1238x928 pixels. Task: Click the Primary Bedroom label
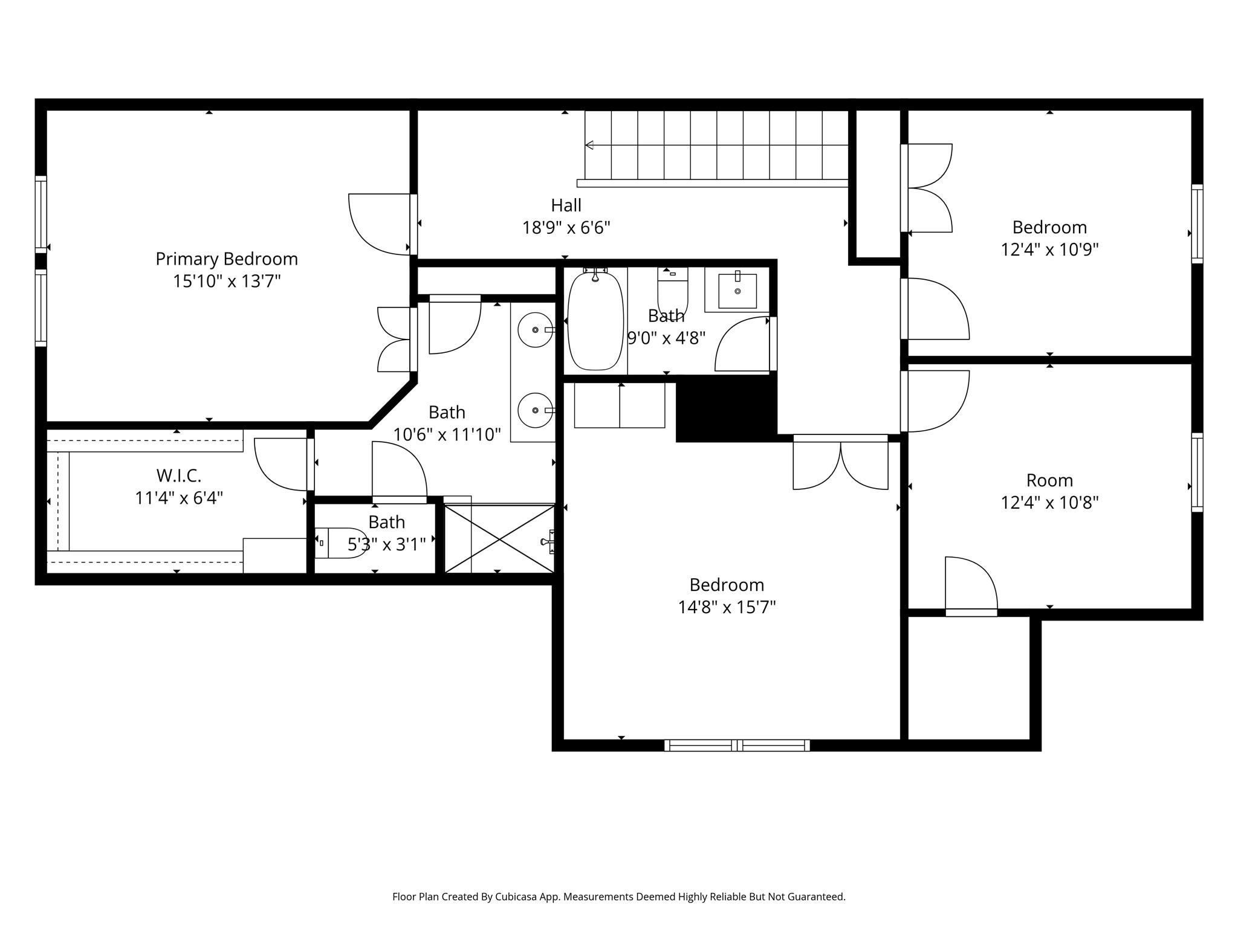tap(227, 259)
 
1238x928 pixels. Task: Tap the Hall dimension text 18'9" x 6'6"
tap(566, 228)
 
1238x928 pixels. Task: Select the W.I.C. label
tap(178, 475)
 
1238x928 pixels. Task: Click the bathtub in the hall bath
tap(595, 320)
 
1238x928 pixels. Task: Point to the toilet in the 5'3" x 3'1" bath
tap(342, 543)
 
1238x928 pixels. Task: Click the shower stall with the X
tap(499, 539)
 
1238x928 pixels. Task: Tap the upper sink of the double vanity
tap(536, 330)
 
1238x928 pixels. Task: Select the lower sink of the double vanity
tap(536, 410)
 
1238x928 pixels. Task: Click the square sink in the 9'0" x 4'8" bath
tap(737, 291)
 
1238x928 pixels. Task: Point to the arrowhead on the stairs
tap(589, 145)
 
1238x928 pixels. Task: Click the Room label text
tap(1049, 480)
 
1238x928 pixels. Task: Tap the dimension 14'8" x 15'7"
tap(727, 607)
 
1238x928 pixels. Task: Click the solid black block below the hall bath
tap(725, 408)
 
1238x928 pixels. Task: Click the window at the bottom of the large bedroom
tap(737, 746)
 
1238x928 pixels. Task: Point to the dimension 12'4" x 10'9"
tap(1049, 250)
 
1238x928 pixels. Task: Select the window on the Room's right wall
tap(1197, 472)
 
